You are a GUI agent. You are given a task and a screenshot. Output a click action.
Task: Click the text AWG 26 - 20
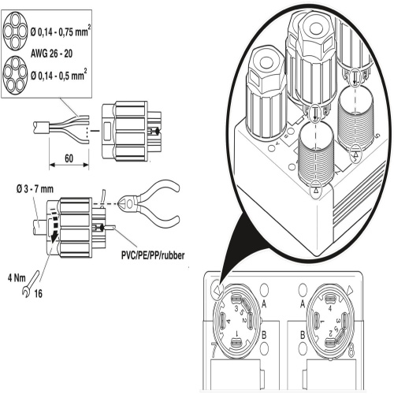pyautogui.click(x=51, y=54)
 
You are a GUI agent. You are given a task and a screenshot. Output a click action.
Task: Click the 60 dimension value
pyautogui.click(x=69, y=158)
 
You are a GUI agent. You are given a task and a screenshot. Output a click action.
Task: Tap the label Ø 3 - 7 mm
pyautogui.click(x=35, y=189)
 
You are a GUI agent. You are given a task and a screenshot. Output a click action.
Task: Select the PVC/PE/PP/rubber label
pyautogui.click(x=153, y=255)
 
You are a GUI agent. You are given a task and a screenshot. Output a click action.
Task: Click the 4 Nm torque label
pyautogui.click(x=17, y=278)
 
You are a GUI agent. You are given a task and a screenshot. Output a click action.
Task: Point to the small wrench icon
pyautogui.click(x=31, y=284)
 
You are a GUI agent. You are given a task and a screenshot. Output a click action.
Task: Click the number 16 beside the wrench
pyautogui.click(x=38, y=294)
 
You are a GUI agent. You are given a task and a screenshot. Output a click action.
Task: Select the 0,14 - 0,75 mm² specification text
pyautogui.click(x=61, y=32)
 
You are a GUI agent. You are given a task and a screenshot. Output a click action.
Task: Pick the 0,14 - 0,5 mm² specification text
pyautogui.click(x=58, y=76)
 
